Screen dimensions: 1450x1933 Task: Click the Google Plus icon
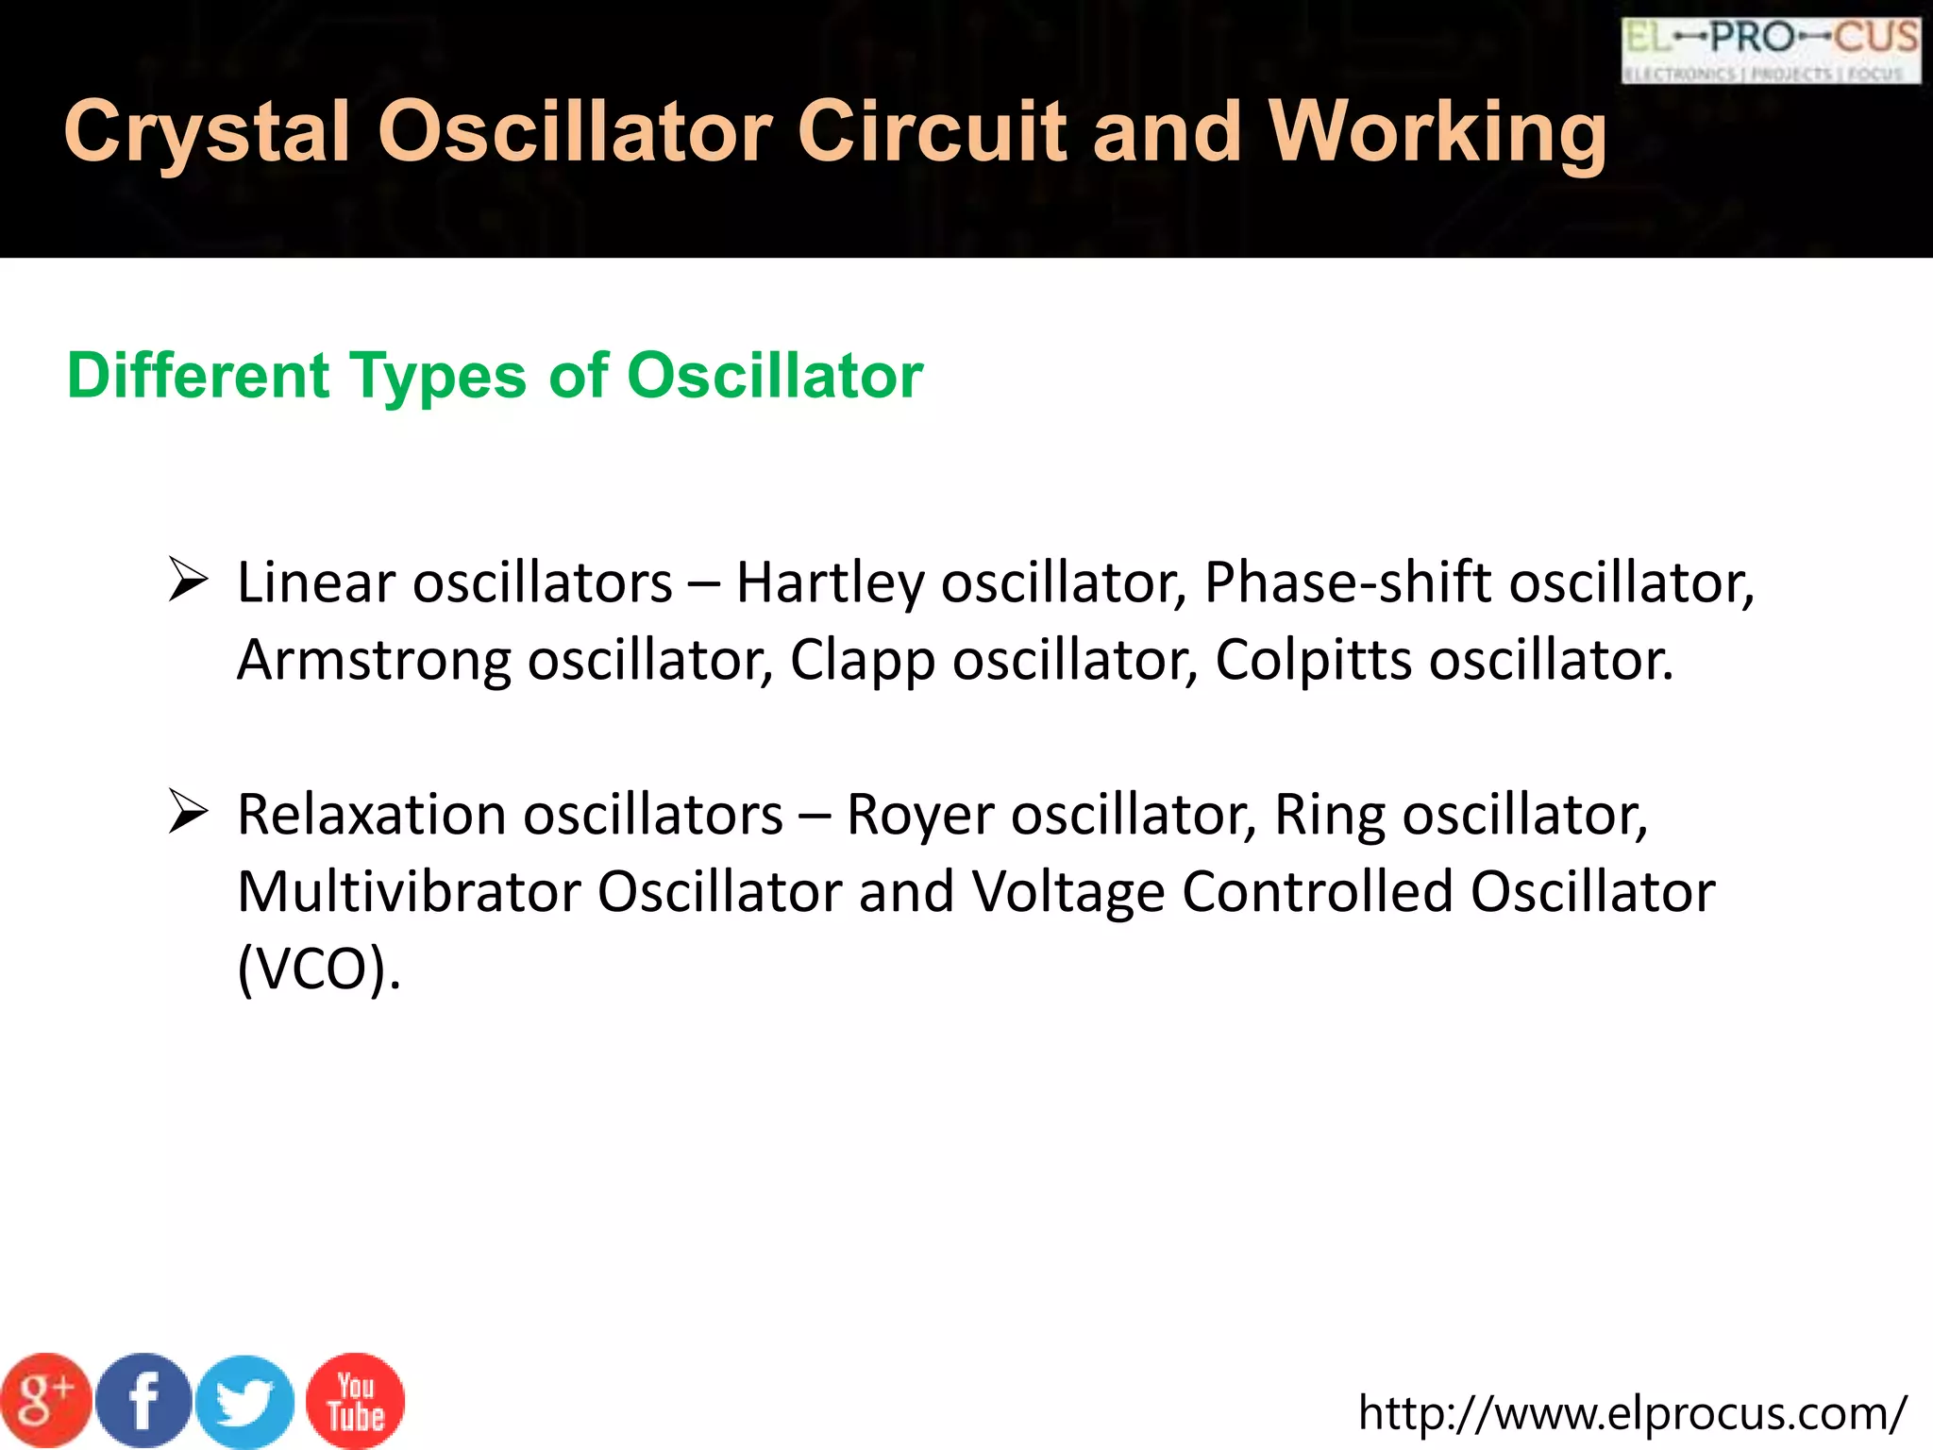click(45, 1401)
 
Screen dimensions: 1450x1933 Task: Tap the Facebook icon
click(144, 1401)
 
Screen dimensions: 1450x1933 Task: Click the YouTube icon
click(356, 1401)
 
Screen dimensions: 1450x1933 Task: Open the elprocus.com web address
click(1632, 1413)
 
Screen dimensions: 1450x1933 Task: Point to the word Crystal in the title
click(207, 132)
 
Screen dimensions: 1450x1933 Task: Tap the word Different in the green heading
click(198, 376)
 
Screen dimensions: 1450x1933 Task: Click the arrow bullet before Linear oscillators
click(188, 580)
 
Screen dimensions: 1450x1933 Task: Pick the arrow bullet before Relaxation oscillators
click(188, 812)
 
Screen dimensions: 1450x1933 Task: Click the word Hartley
click(830, 583)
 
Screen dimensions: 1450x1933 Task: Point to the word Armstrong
click(374, 660)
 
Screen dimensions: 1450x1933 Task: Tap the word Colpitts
click(1313, 660)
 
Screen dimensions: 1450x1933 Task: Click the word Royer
click(919, 815)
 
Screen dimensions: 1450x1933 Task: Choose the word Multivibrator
click(409, 891)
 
